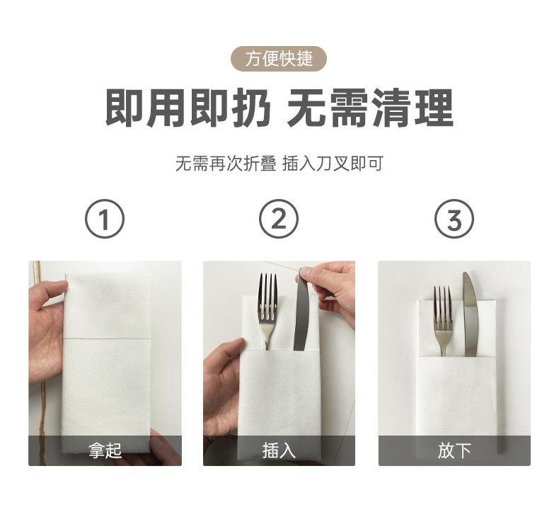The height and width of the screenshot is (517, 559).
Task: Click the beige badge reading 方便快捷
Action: [x=279, y=59]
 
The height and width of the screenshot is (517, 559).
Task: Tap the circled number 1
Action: [x=105, y=218]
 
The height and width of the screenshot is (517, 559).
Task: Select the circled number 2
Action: [x=278, y=218]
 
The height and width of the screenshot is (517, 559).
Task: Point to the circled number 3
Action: [x=454, y=218]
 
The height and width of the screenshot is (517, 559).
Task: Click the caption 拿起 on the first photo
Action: [x=105, y=450]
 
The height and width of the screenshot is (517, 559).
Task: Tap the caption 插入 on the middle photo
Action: [x=279, y=450]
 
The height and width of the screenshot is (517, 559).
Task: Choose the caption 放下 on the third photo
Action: [x=454, y=450]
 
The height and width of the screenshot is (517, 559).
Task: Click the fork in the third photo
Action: [x=442, y=320]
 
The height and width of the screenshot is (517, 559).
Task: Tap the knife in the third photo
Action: [x=470, y=314]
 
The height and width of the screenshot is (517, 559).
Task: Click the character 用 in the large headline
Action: [x=167, y=108]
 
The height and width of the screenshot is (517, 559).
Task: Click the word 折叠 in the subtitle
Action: [x=260, y=164]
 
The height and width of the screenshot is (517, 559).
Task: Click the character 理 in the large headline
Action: [x=434, y=108]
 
